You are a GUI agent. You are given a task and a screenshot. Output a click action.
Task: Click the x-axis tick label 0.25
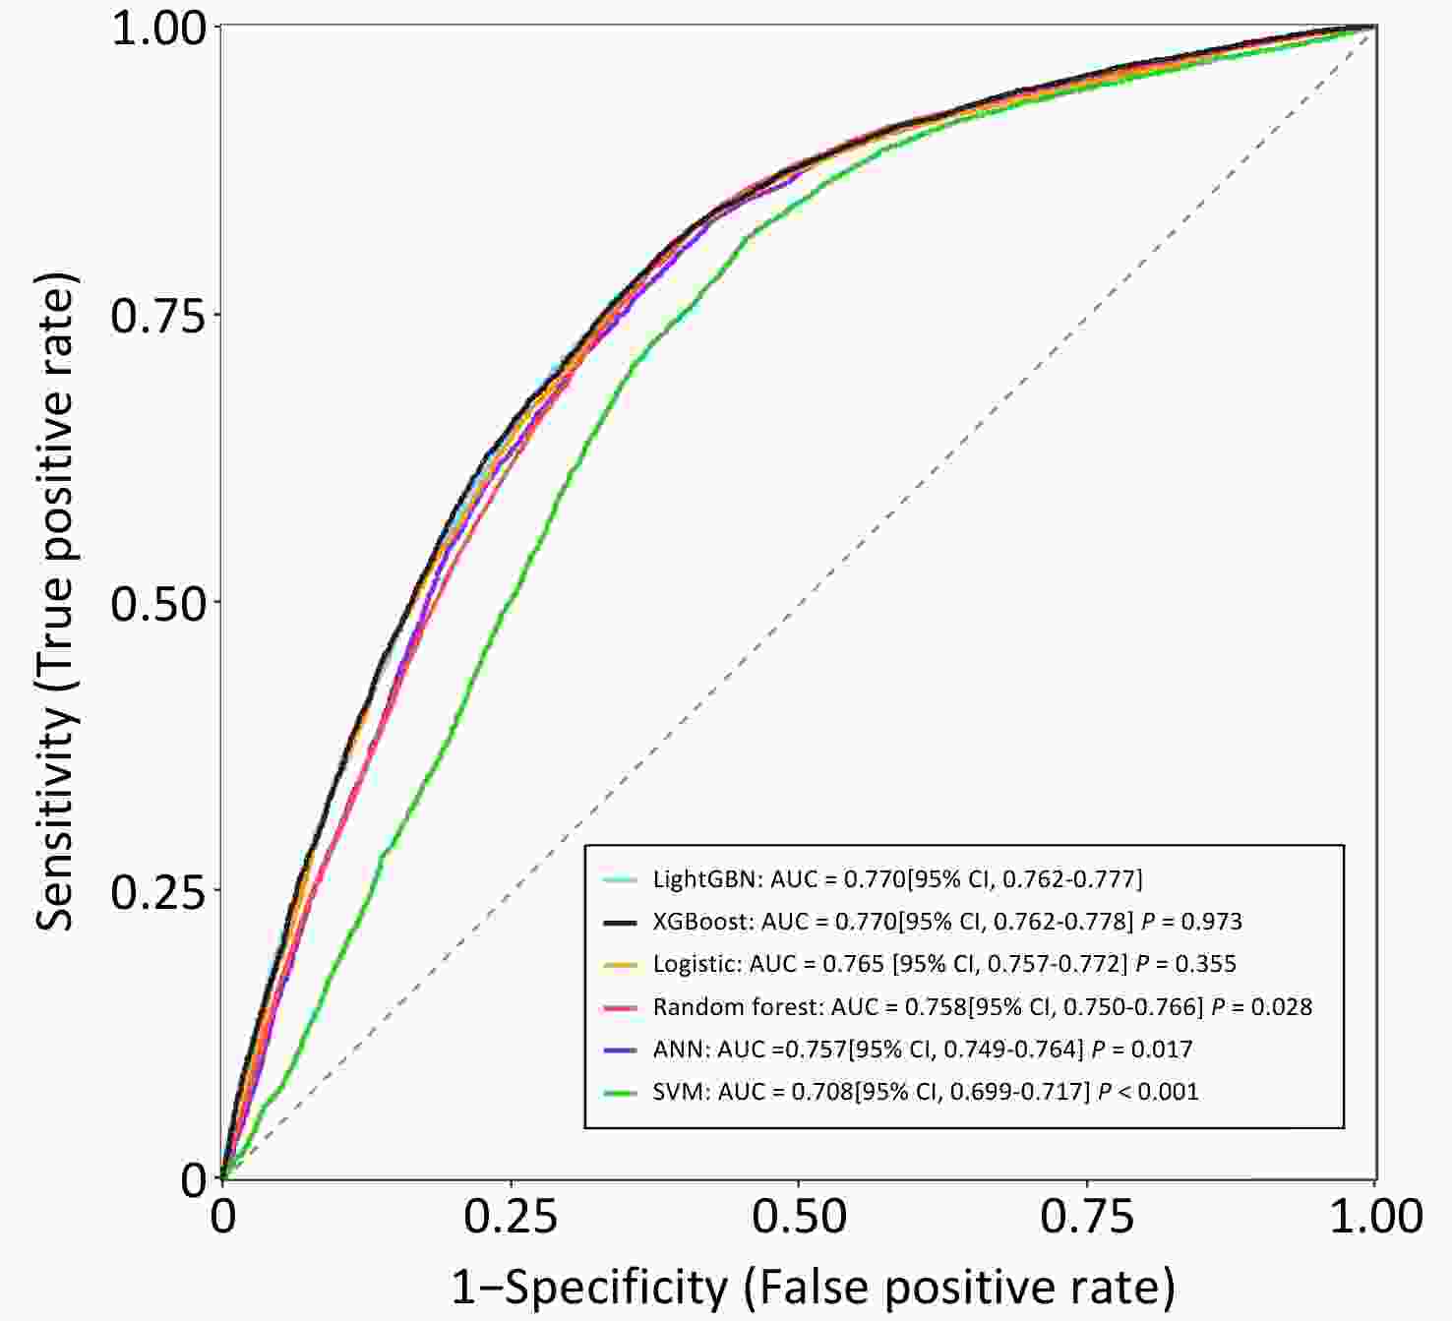(511, 1218)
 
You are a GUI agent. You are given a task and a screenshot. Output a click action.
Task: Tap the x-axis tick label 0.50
(799, 1218)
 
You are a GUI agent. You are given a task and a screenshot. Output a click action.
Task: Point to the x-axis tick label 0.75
(1087, 1218)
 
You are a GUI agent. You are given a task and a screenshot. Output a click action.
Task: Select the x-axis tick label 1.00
(1375, 1218)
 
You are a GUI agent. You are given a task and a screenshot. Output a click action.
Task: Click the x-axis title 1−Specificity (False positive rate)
(813, 1287)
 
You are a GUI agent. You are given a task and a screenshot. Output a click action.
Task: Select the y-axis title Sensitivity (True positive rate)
(56, 602)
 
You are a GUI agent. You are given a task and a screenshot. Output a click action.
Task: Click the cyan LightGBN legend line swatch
(621, 879)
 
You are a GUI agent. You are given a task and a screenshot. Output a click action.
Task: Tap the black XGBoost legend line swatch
(621, 922)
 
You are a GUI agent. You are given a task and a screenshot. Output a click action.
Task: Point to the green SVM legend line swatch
(621, 1092)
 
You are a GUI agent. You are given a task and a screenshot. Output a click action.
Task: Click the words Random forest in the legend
(736, 1006)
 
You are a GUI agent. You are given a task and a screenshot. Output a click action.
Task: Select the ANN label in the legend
(680, 1050)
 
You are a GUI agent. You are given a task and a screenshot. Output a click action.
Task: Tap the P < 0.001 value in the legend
(1148, 1092)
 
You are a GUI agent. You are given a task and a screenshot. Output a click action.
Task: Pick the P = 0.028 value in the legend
(1261, 1006)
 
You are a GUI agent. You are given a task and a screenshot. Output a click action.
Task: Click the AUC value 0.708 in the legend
(822, 1092)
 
